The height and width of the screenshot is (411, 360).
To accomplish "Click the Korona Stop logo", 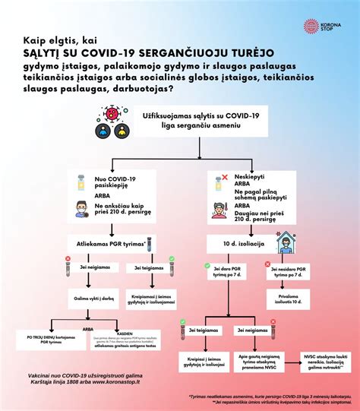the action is pos(321,27).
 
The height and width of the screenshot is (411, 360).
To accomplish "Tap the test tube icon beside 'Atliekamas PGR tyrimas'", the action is pos(150,243).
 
